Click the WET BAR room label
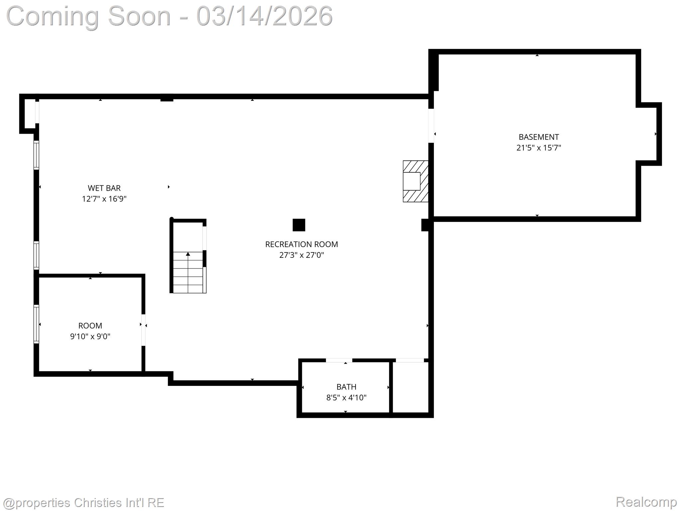click(x=104, y=188)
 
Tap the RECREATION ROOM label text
click(x=301, y=244)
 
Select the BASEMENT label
click(x=538, y=137)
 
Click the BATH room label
click(x=346, y=387)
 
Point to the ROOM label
click(x=90, y=325)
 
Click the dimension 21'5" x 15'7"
click(x=538, y=148)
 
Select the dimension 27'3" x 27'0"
click(x=301, y=255)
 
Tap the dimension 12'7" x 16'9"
click(x=104, y=199)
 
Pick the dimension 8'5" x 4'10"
click(x=346, y=398)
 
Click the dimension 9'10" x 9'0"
click(x=90, y=336)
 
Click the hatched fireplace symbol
click(x=415, y=181)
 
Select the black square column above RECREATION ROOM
click(x=299, y=225)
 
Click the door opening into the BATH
click(x=339, y=360)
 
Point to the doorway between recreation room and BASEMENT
click(x=431, y=126)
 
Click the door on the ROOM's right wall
click(x=143, y=330)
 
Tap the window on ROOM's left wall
click(x=36, y=324)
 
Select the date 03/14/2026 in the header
click(x=264, y=16)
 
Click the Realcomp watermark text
click(x=646, y=502)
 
